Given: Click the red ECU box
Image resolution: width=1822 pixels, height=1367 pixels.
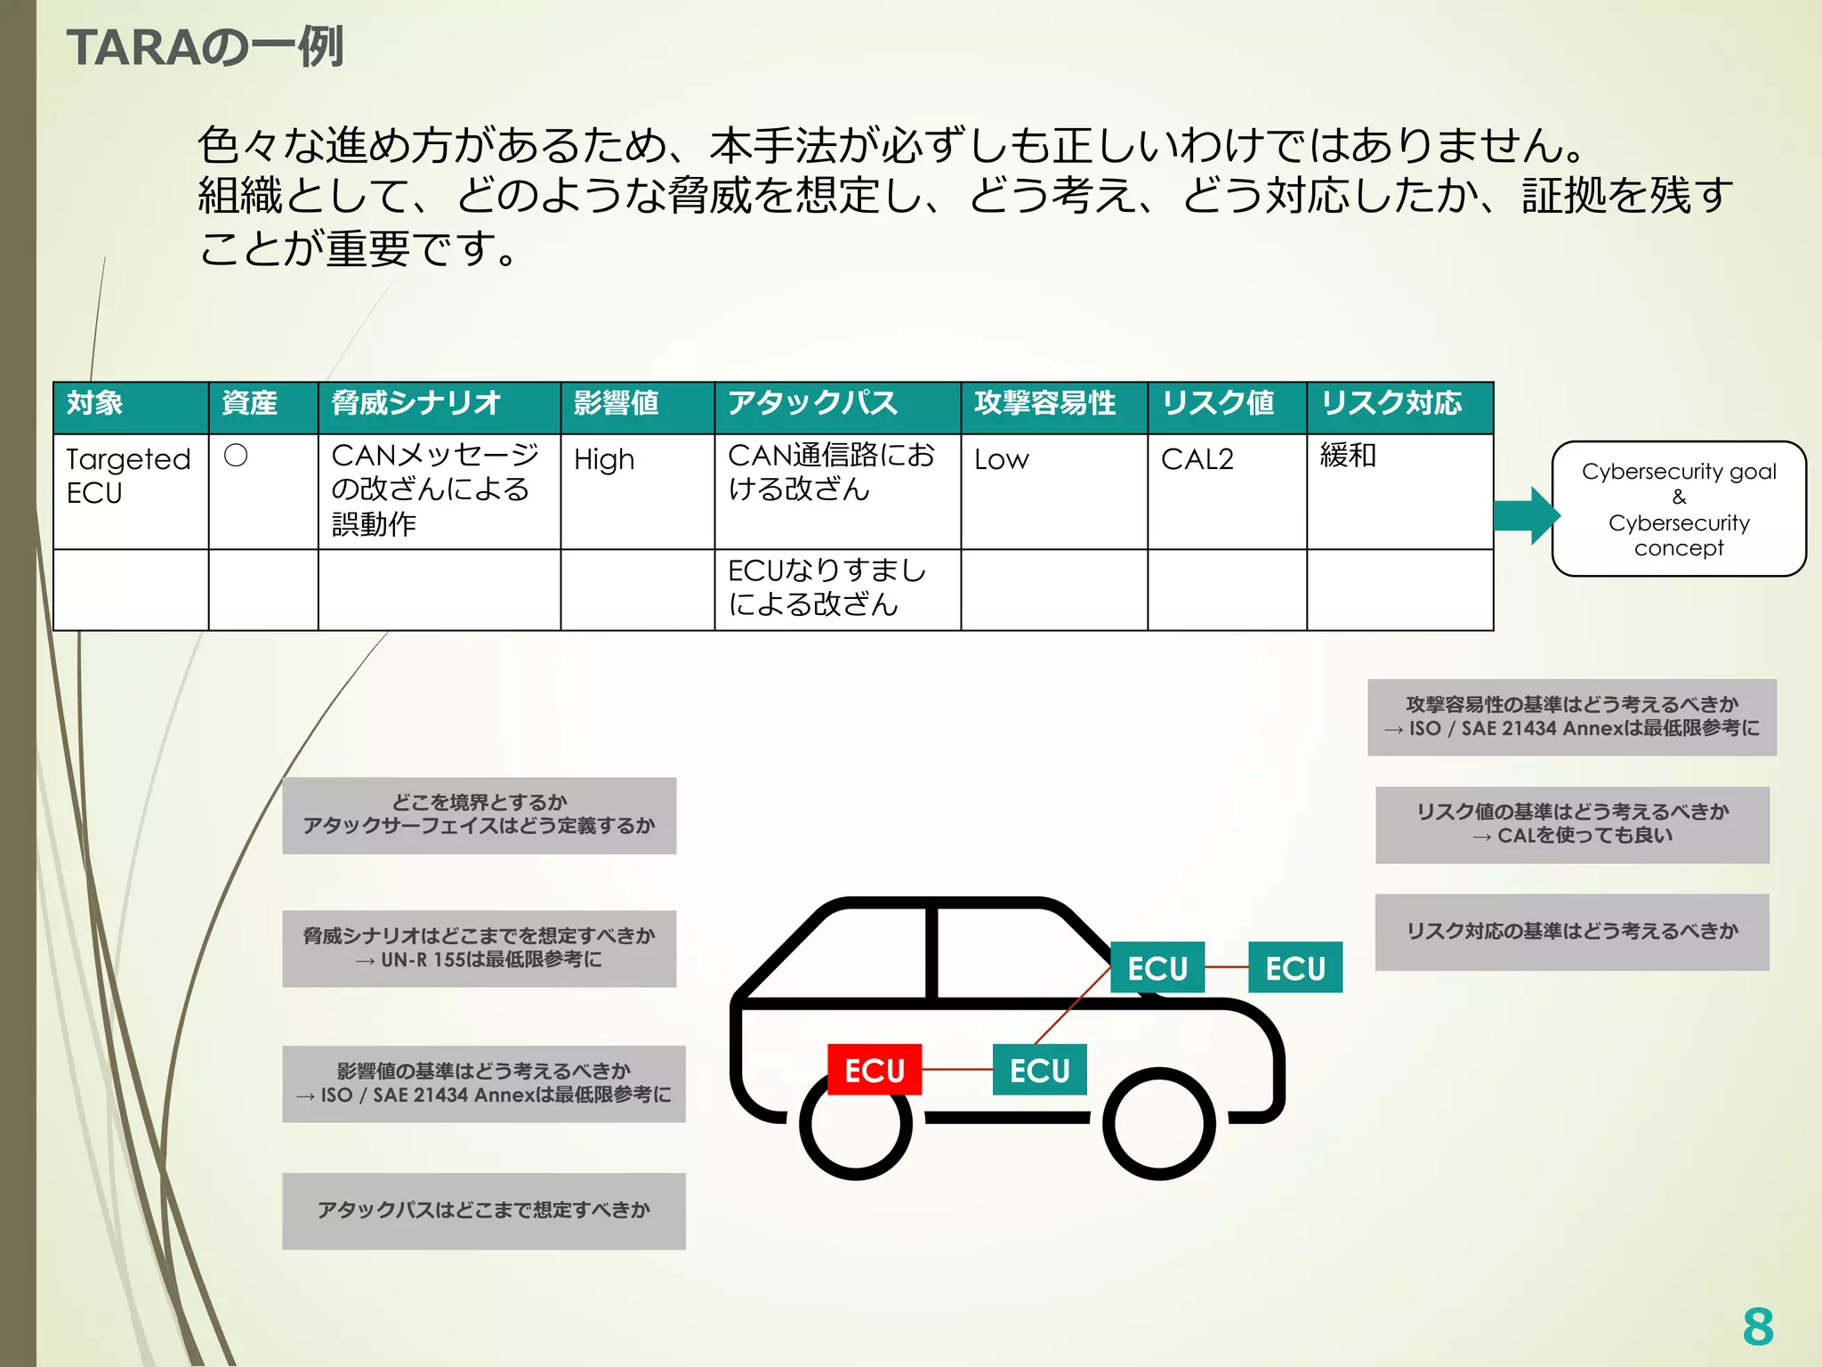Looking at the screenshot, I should (x=874, y=1069).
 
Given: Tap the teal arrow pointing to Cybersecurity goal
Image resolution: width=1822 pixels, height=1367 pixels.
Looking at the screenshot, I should (x=1526, y=514).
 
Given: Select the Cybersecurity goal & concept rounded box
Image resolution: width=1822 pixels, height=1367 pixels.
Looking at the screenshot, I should (x=1678, y=509).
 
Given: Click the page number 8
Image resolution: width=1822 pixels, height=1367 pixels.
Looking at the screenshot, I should (x=1757, y=1327).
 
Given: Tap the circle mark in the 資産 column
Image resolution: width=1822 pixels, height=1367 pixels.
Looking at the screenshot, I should (x=236, y=456).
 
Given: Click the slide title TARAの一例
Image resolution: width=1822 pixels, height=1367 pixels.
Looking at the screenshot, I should (x=205, y=47).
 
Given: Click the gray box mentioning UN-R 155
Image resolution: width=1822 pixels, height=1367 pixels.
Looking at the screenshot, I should (x=479, y=948).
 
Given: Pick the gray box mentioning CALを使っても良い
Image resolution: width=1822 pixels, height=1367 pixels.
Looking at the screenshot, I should (x=1572, y=824).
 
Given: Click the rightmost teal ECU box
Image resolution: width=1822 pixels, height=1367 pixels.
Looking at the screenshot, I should (x=1295, y=967).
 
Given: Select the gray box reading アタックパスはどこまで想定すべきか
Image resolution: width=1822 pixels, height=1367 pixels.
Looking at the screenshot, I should (x=483, y=1210).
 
